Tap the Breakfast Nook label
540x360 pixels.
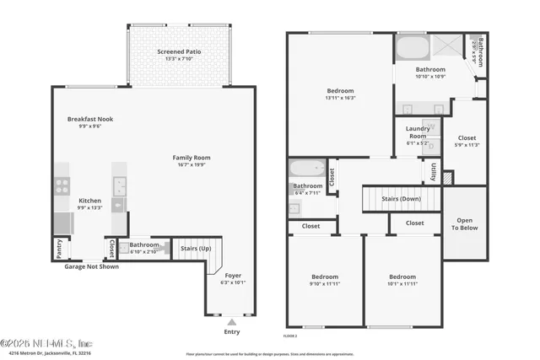click(x=90, y=119)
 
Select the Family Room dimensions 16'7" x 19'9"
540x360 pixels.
click(x=192, y=165)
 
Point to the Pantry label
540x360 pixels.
click(x=58, y=249)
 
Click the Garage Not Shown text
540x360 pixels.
click(x=91, y=266)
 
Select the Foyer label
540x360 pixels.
click(x=232, y=275)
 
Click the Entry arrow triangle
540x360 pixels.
click(x=232, y=320)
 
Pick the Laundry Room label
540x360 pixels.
click(x=418, y=132)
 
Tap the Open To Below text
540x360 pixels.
click(x=465, y=223)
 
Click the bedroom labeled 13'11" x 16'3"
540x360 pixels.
click(x=341, y=90)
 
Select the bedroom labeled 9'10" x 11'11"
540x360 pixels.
click(x=325, y=277)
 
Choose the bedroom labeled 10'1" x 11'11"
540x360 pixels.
click(x=402, y=277)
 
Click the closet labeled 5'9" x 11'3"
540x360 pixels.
click(x=467, y=137)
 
